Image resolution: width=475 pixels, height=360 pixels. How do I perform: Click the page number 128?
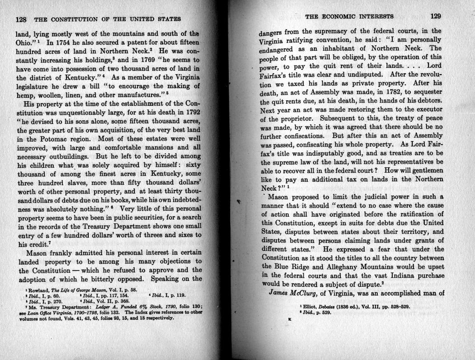[21, 19]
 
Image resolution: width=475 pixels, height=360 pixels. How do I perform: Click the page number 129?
[436, 17]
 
